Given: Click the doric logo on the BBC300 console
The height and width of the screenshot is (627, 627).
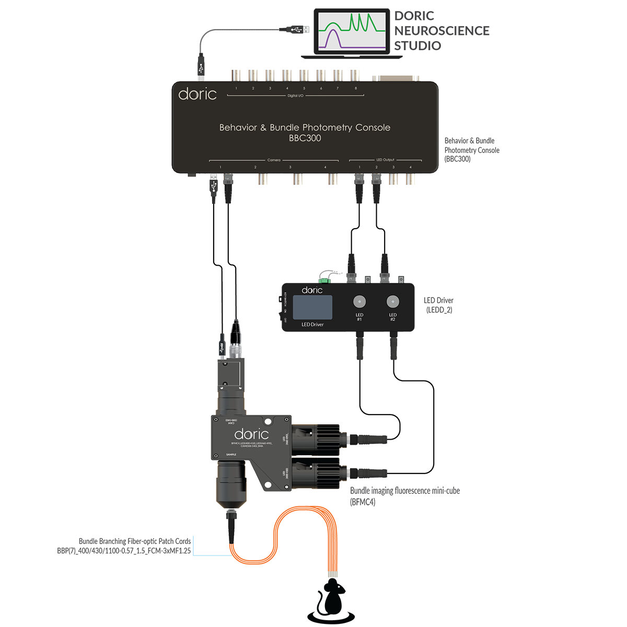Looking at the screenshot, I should (x=197, y=94).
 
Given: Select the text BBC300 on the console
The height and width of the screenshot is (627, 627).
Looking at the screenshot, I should (x=305, y=138).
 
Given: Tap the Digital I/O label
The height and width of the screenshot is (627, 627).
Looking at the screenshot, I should (x=295, y=96).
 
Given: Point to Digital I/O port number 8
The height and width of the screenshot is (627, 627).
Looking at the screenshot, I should (x=356, y=88).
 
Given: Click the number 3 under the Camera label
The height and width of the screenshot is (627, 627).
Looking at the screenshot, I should (x=290, y=167).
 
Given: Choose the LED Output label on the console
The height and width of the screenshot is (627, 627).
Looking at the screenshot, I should (x=385, y=160).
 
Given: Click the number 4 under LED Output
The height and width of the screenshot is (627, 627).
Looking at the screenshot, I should (x=410, y=167).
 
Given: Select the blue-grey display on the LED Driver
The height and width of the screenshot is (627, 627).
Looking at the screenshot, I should (x=312, y=307).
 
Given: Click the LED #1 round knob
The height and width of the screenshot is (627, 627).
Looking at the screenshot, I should (x=359, y=302).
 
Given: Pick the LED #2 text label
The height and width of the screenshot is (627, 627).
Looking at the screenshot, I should (x=392, y=317).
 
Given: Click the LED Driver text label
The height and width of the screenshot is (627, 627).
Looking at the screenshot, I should (x=312, y=325).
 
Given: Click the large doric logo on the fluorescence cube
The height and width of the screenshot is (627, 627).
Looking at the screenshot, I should (x=251, y=434).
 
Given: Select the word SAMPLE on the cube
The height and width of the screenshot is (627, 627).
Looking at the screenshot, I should (x=231, y=455).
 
